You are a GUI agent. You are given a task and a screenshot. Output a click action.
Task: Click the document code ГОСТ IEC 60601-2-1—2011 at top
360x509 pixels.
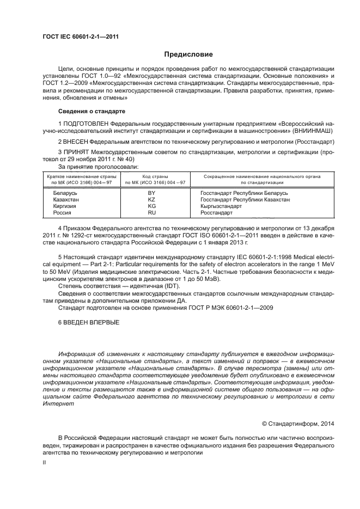click(81, 36)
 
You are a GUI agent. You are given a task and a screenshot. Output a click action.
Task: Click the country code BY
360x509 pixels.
click(152, 193)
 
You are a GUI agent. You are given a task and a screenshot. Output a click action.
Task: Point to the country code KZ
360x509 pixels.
click(152, 200)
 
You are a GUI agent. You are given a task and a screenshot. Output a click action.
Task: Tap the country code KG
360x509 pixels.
click(152, 206)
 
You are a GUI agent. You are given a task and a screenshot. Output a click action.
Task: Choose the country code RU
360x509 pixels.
click(152, 213)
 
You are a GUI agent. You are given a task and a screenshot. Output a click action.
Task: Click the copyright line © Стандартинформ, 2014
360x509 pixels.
click(303, 422)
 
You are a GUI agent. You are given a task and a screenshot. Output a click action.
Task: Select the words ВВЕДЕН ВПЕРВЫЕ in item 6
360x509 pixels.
click(91, 322)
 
